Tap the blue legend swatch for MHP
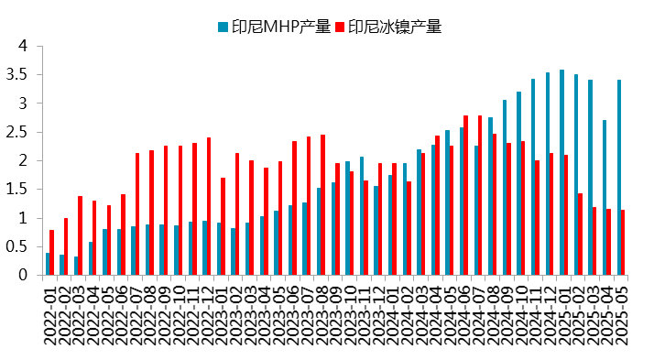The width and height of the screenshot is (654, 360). click(x=223, y=27)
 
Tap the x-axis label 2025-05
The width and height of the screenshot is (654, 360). click(x=622, y=316)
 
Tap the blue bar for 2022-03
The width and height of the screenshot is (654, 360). click(x=75, y=266)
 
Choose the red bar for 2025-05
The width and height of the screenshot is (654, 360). click(x=624, y=243)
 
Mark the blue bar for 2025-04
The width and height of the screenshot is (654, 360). click(x=605, y=198)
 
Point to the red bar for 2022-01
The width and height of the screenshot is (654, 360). click(x=51, y=253)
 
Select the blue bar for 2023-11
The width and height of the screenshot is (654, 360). click(x=362, y=216)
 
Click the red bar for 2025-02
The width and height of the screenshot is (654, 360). click(x=581, y=235)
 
